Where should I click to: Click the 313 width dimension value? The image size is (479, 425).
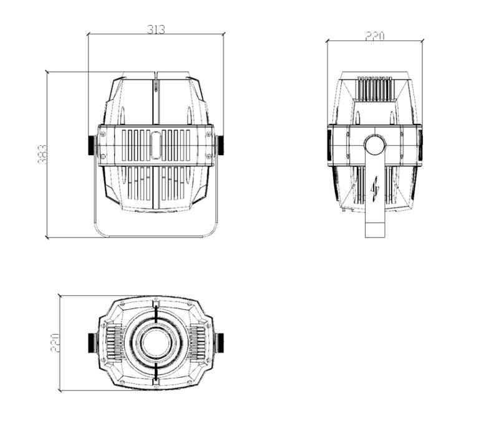(156, 29)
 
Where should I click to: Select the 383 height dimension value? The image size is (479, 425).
(42, 154)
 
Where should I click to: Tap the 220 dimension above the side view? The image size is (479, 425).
(375, 36)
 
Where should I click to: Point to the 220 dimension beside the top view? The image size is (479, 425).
(55, 343)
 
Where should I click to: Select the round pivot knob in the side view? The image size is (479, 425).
(375, 145)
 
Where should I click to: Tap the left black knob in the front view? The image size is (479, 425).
(92, 145)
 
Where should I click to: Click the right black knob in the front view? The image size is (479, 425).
(220, 145)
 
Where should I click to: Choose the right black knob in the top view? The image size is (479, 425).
(220, 343)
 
